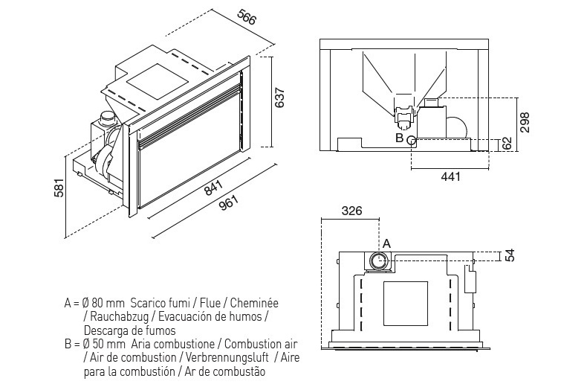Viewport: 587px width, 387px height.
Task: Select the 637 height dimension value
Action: [280, 97]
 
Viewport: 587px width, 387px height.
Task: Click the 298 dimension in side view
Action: [525, 119]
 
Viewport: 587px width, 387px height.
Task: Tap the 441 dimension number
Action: [450, 176]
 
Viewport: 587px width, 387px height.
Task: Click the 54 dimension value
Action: [510, 255]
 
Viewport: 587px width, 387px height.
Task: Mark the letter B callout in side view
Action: [399, 138]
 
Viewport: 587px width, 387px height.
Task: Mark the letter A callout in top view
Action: [386, 243]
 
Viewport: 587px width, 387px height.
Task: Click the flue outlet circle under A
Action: [378, 260]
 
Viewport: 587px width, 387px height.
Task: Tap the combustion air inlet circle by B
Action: [411, 139]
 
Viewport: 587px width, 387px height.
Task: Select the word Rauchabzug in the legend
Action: [115, 317]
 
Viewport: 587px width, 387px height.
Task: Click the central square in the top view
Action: [406, 303]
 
